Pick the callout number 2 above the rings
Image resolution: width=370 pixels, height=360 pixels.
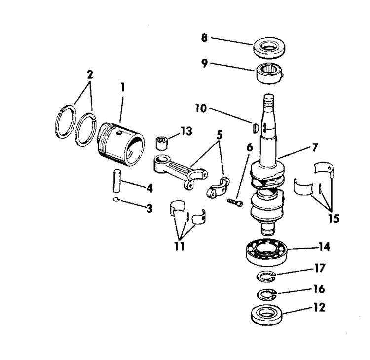(90, 75)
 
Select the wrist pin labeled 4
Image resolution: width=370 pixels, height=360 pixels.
(118, 181)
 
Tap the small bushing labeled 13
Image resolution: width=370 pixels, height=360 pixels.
(163, 143)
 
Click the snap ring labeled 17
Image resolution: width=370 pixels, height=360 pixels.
(268, 275)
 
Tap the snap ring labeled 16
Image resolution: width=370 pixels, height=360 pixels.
(268, 294)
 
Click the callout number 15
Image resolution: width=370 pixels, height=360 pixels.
(334, 217)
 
